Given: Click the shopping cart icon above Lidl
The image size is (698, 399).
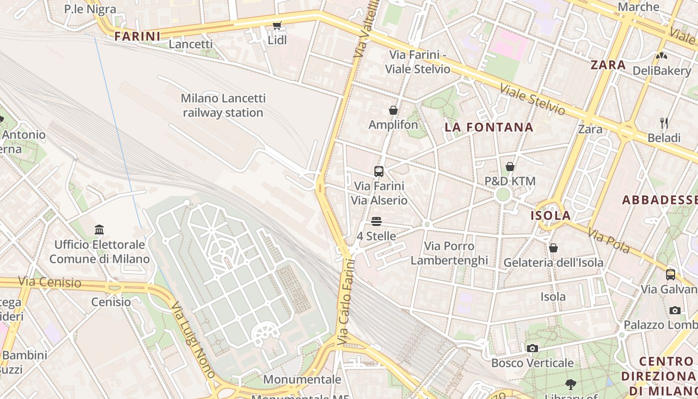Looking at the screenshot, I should (x=277, y=25).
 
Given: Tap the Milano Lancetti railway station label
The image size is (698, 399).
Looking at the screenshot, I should (x=223, y=105).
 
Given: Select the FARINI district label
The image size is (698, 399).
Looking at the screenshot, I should (x=138, y=36).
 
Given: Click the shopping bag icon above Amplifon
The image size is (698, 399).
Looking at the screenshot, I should (x=393, y=110).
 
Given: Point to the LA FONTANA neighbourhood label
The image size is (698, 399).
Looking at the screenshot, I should (x=489, y=127).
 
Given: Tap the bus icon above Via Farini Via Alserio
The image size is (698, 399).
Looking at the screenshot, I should (x=379, y=172).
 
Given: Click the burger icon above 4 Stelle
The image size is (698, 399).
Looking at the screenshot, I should (x=376, y=221).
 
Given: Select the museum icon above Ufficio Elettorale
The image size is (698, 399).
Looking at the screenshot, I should (x=99, y=230).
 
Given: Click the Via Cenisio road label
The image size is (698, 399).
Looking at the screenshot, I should (x=50, y=282).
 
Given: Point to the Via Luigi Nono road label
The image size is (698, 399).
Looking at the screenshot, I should (x=193, y=339).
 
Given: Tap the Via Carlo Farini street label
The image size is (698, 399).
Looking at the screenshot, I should (x=346, y=302).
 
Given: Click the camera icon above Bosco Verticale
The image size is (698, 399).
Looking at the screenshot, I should (x=532, y=348).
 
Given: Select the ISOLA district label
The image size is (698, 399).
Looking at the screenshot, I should (x=550, y=215).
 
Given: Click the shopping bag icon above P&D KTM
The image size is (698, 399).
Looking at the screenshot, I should (x=510, y=167).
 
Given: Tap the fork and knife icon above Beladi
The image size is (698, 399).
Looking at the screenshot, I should (x=664, y=123).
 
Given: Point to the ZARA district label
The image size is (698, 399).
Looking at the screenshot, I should (x=608, y=65).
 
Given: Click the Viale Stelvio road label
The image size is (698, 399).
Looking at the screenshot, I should (x=532, y=99).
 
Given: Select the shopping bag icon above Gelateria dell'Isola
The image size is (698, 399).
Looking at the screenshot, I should (x=553, y=248).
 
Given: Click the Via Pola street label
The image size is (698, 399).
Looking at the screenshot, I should (x=609, y=241).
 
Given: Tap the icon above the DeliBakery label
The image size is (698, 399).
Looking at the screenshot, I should (x=662, y=56).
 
